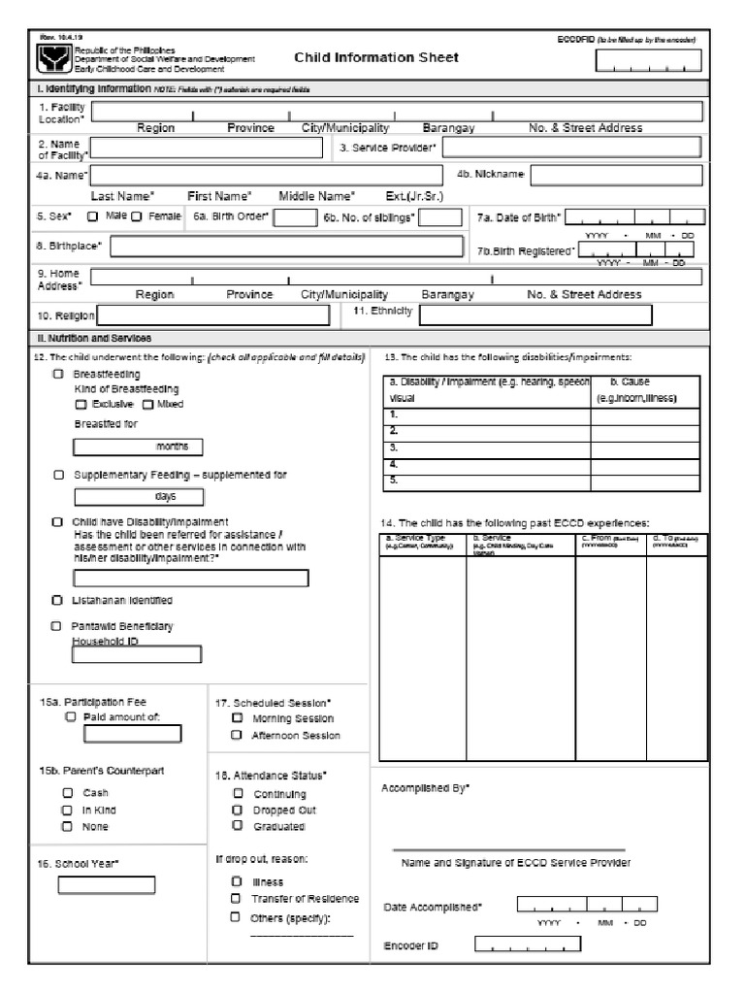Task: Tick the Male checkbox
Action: tap(93, 216)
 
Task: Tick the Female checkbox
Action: tap(137, 216)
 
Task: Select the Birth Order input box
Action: tap(295, 217)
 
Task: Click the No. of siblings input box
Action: tap(440, 217)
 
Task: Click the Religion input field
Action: tap(214, 315)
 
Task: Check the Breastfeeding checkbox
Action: tap(59, 374)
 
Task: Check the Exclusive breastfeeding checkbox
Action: tap(81, 404)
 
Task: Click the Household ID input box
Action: tap(137, 654)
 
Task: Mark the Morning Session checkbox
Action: tap(238, 718)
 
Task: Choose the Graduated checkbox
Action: tap(238, 825)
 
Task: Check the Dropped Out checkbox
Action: tap(238, 809)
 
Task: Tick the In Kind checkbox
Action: tap(67, 809)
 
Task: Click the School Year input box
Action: tap(106, 885)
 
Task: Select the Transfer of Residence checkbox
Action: tap(236, 899)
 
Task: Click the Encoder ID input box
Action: tap(528, 944)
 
